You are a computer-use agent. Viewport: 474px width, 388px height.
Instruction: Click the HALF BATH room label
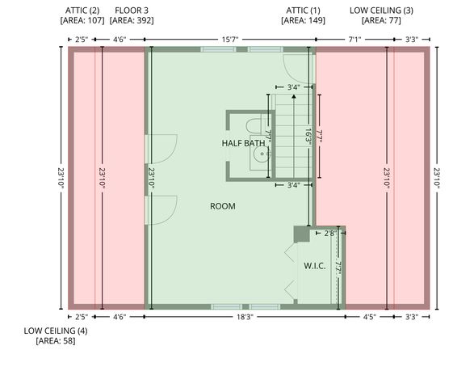243,143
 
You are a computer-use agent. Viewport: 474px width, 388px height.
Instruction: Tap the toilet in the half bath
254,126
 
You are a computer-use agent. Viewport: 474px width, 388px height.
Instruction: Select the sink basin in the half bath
262,154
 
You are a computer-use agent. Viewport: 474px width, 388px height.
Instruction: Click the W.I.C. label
315,266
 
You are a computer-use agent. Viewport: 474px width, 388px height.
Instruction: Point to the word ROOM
223,206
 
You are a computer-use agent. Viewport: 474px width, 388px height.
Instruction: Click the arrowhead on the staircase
294,96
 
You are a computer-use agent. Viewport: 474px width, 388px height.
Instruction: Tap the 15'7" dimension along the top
230,40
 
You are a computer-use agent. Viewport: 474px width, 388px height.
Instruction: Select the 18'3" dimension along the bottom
245,317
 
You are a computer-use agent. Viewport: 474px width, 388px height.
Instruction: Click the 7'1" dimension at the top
355,40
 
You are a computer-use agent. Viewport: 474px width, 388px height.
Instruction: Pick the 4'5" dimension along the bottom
369,317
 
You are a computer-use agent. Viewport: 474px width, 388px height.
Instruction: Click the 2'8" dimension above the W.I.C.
329,234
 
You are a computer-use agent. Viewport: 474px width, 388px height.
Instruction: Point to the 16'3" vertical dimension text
308,137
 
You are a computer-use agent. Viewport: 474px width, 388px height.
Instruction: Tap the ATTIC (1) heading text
303,11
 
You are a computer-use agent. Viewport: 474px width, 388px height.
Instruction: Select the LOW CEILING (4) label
56,331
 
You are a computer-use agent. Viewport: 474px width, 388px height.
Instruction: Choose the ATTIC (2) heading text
82,11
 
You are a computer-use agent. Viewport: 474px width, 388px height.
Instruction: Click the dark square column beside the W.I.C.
302,234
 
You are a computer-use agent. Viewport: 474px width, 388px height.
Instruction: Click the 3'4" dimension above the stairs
294,87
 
